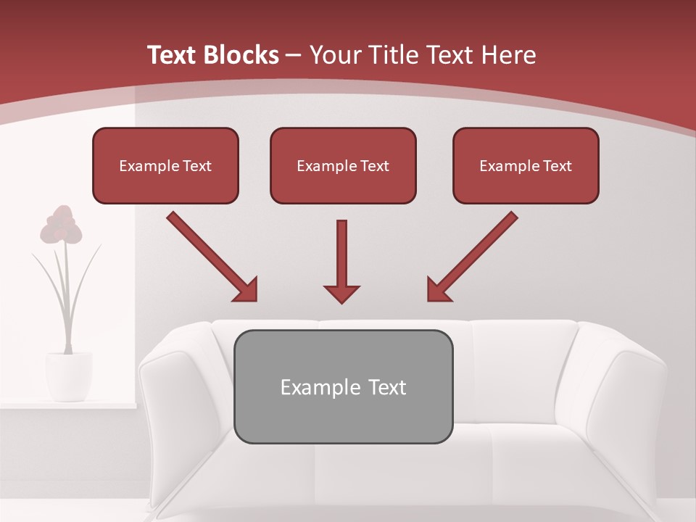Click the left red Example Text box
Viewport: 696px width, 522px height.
click(x=165, y=165)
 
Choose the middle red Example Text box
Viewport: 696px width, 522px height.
click(x=343, y=165)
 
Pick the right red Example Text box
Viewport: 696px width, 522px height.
click(x=526, y=165)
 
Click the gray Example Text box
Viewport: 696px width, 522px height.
click(x=343, y=386)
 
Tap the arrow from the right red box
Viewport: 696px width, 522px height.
click(x=473, y=257)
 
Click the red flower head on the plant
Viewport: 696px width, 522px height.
click(x=62, y=225)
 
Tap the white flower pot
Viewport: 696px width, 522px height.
click(x=69, y=376)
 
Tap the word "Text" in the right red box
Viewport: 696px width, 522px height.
click(x=558, y=165)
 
